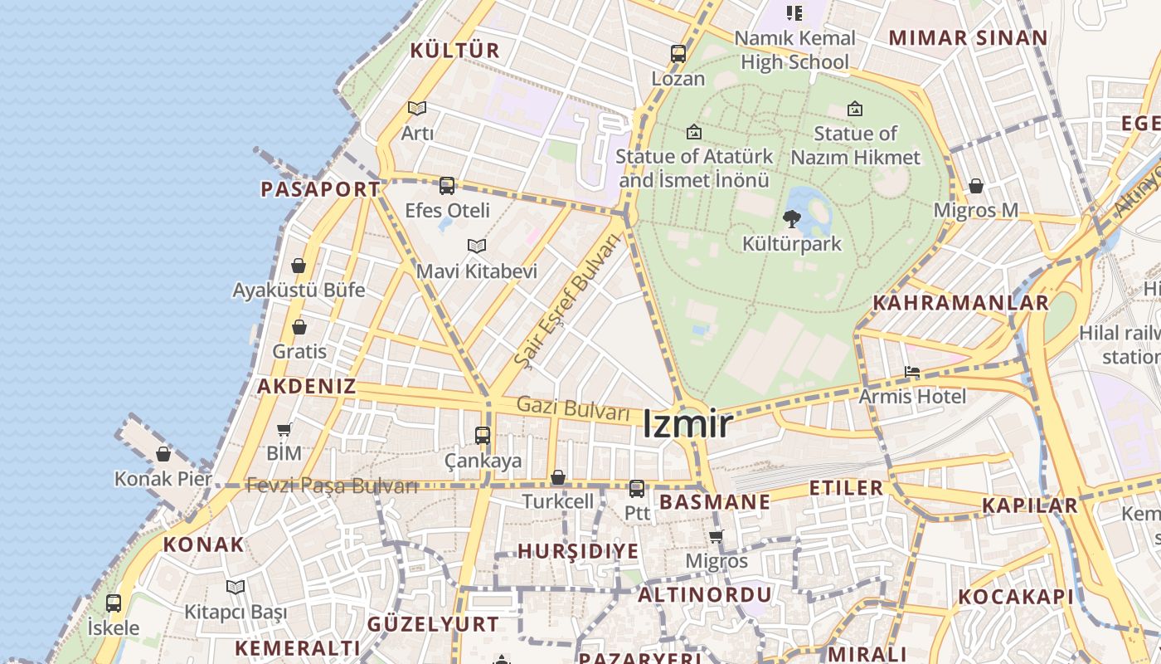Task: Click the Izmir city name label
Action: (687, 425)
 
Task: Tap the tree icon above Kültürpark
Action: (792, 219)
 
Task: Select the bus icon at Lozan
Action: (678, 55)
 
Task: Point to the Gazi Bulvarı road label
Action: (573, 409)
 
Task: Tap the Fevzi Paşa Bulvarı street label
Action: (332, 486)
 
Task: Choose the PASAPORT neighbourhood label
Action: (320, 189)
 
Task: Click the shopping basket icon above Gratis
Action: (299, 327)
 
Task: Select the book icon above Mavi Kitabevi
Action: (476, 247)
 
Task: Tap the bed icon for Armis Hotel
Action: (912, 372)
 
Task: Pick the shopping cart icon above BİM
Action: (284, 430)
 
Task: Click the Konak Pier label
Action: (163, 479)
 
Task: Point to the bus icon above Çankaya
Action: (483, 435)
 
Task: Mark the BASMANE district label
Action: (715, 502)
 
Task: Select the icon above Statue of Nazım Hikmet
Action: (855, 109)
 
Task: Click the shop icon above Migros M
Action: (976, 186)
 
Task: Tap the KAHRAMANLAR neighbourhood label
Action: (961, 303)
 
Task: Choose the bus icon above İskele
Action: (114, 603)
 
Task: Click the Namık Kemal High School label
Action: (794, 50)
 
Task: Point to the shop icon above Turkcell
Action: (558, 477)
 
